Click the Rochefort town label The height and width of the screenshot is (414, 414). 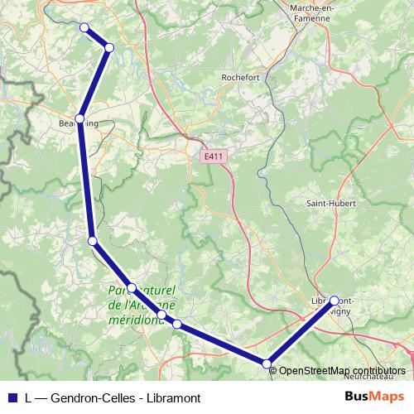[242, 77]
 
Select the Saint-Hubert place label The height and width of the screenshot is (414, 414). [329, 203]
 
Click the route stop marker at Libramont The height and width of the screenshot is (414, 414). [335, 301]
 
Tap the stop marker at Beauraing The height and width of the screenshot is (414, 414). [80, 119]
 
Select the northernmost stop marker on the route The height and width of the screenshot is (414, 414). [84, 27]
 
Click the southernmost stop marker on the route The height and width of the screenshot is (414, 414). [267, 363]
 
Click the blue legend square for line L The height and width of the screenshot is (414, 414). [11, 397]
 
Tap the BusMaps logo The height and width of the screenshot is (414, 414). [374, 397]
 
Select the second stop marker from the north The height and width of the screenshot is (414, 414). [109, 47]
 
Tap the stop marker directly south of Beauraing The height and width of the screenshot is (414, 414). [93, 241]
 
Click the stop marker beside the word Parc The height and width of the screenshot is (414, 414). [132, 288]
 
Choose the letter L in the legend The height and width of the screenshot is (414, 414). [29, 397]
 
